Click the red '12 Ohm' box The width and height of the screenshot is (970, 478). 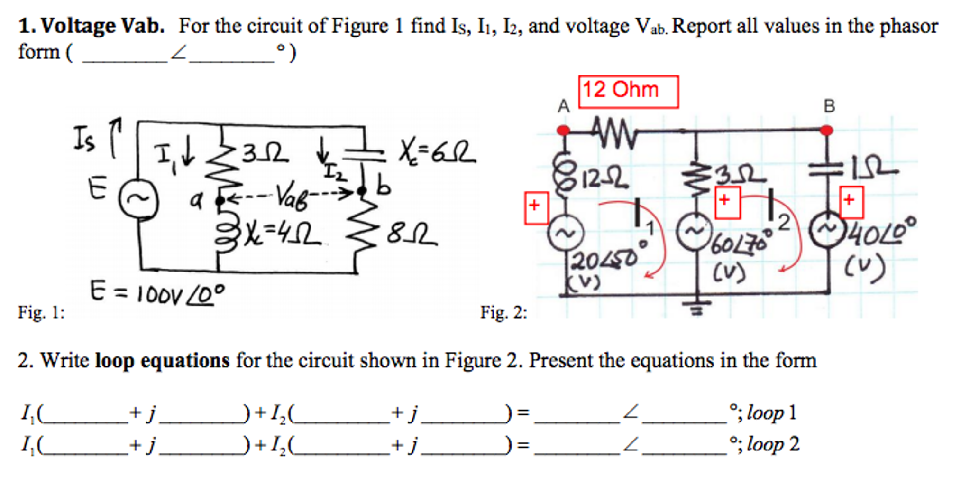coord(628,92)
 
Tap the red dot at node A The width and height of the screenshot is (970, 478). coord(563,130)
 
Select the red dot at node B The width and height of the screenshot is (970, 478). coord(826,130)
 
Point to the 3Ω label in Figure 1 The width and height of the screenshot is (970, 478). coord(265,153)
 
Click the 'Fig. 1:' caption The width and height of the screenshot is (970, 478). coord(41,312)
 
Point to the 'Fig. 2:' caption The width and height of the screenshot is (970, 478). coord(503,312)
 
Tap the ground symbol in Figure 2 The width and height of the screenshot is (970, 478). coord(696,307)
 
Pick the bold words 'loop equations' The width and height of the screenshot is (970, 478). coord(162,361)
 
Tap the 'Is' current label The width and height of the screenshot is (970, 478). coord(84,139)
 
